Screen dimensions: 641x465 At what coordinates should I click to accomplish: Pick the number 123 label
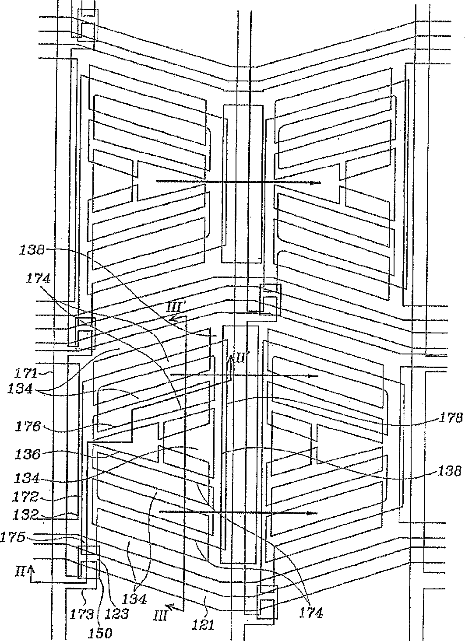[x=117, y=614]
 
